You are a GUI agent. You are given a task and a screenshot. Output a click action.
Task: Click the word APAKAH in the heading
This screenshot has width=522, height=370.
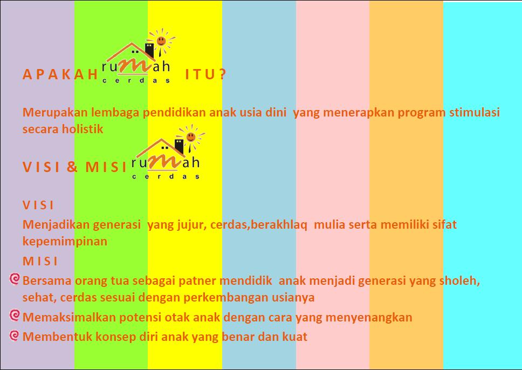pyautogui.click(x=60, y=74)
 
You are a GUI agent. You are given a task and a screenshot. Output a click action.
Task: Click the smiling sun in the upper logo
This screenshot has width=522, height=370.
pyautogui.click(x=161, y=40)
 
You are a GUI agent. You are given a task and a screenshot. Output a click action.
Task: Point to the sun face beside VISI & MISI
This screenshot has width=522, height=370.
pyautogui.click(x=191, y=136)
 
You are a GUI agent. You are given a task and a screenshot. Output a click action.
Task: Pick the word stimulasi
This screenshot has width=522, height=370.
pyautogui.click(x=475, y=112)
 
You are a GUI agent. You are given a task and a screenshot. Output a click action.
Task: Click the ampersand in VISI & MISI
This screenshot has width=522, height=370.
pyautogui.click(x=72, y=167)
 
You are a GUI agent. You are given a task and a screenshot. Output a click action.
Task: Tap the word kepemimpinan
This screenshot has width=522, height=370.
pyautogui.click(x=65, y=242)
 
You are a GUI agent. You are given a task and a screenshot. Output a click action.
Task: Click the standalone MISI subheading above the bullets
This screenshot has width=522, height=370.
pyautogui.click(x=40, y=261)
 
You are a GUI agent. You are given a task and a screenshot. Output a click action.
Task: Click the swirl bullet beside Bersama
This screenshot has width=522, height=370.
pyautogui.click(x=15, y=279)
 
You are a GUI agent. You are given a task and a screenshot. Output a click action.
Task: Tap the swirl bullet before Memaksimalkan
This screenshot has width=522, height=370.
pyautogui.click(x=15, y=315)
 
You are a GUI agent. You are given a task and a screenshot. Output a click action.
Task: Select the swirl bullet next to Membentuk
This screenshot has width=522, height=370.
pyautogui.click(x=15, y=335)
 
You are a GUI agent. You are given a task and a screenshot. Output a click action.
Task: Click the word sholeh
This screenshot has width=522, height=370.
pyautogui.click(x=459, y=281)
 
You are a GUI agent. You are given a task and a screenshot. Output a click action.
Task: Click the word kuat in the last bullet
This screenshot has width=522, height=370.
pyautogui.click(x=294, y=337)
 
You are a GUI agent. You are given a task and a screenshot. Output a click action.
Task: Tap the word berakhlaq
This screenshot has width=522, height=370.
pyautogui.click(x=279, y=225)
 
